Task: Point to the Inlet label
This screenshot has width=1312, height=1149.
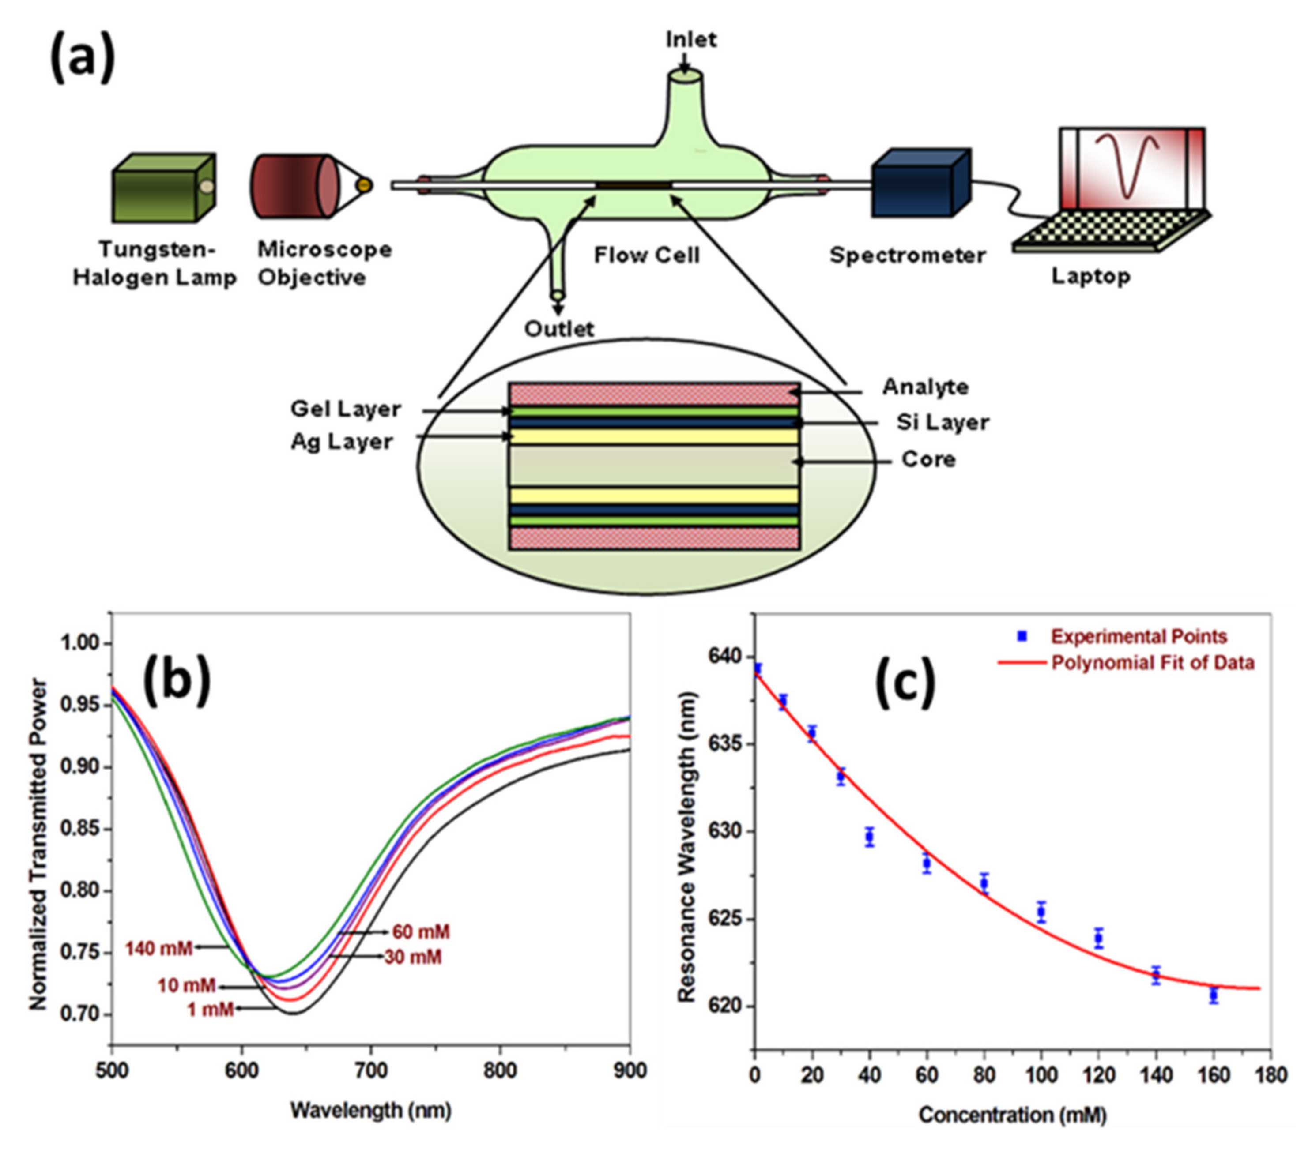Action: coord(691,40)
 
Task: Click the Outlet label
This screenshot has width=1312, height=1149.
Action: coord(559,330)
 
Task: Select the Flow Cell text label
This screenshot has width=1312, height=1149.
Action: coord(646,255)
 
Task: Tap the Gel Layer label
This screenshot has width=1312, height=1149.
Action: coord(345,409)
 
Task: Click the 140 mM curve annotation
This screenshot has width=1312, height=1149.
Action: coord(158,948)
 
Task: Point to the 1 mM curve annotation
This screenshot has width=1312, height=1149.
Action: coord(210,1010)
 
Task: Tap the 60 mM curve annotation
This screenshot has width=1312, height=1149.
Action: coord(421,931)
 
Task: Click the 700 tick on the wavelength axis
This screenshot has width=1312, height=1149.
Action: coord(371,1071)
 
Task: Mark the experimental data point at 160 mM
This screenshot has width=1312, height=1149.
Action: coord(1213,996)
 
